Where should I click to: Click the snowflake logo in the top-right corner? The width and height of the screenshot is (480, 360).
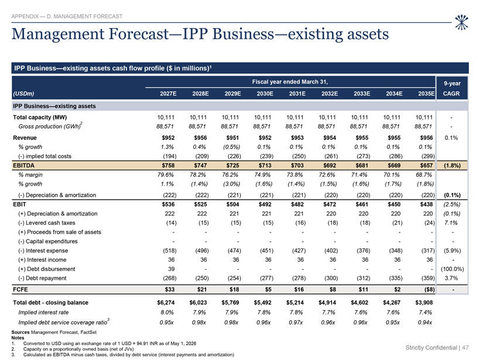(461, 22)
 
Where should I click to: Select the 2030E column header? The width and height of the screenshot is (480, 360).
(265, 94)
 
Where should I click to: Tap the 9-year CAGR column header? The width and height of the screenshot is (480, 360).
(452, 88)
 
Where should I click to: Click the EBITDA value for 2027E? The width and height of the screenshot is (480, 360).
(168, 165)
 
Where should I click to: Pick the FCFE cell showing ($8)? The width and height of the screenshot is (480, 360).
(428, 289)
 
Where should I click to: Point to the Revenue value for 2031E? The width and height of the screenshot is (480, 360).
(297, 138)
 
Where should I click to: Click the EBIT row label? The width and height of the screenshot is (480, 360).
(19, 204)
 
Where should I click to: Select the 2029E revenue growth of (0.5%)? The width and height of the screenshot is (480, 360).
(231, 147)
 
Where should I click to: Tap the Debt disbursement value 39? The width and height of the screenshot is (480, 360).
(171, 269)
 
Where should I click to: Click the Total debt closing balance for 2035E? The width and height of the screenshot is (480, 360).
(424, 303)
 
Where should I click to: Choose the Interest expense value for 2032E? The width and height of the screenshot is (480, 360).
(331, 251)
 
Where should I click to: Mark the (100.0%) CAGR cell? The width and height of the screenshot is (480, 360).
(452, 269)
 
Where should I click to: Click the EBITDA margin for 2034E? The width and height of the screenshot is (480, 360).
(392, 174)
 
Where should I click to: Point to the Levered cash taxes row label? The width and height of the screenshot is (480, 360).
(46, 222)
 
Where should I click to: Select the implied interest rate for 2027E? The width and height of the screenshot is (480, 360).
(167, 312)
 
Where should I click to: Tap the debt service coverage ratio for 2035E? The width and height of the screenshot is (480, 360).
(425, 323)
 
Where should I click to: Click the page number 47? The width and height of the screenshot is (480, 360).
(465, 348)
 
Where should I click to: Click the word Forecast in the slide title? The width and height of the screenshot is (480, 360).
(138, 34)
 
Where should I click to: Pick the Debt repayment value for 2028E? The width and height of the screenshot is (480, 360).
(202, 278)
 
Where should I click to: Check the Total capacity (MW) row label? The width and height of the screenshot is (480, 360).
(40, 117)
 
